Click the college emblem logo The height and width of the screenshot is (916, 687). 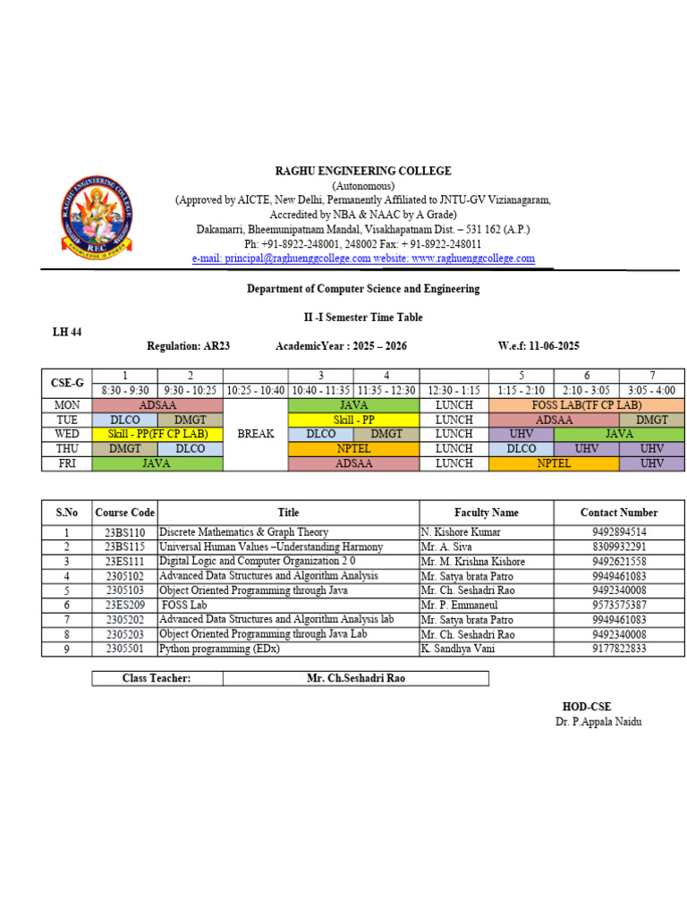point(98,214)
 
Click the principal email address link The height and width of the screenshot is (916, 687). point(281,259)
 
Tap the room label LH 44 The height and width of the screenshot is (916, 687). point(67,332)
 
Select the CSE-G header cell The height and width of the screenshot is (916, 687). point(67,383)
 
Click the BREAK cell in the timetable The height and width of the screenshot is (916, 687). point(255,434)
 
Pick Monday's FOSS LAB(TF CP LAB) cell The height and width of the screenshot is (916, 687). point(587,405)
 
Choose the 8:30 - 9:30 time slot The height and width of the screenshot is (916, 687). point(125,391)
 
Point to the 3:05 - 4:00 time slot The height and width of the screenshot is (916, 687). point(652,391)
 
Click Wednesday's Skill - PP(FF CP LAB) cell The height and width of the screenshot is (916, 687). point(157,434)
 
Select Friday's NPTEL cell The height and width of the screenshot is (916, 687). point(555,463)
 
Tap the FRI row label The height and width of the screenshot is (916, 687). point(67,463)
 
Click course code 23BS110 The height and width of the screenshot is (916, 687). point(124,532)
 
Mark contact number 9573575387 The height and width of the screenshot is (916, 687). point(619,605)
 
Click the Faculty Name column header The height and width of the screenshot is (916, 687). point(486,513)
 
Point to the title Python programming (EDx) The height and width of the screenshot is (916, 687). point(219,649)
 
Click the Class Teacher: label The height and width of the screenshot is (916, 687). point(157,678)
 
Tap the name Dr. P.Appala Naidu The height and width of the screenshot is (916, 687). point(598,722)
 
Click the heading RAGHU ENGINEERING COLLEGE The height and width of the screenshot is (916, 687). point(362,171)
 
